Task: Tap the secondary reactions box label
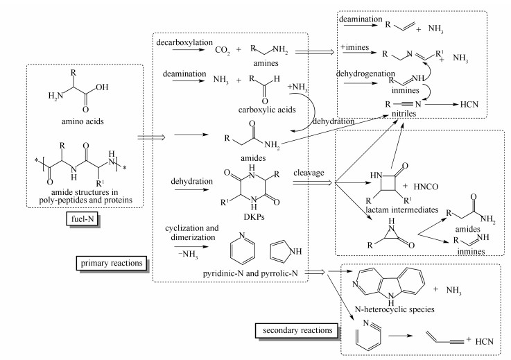coord(288,328)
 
